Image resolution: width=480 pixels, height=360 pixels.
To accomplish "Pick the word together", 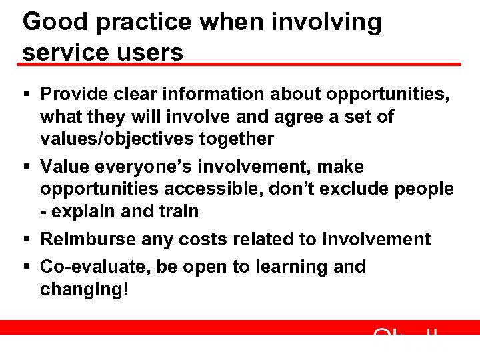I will [x=241, y=139].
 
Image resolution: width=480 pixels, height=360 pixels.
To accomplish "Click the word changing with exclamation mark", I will [x=84, y=290].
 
